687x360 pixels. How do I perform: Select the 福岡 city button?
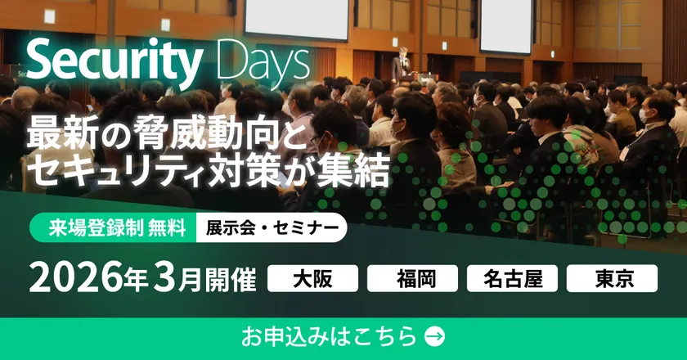tap(412, 278)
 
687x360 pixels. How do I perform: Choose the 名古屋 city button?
tap(512, 278)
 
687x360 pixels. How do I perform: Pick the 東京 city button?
tap(612, 278)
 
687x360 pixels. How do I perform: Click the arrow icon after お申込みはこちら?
tap(436, 335)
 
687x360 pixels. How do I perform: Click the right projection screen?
tap(505, 25)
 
